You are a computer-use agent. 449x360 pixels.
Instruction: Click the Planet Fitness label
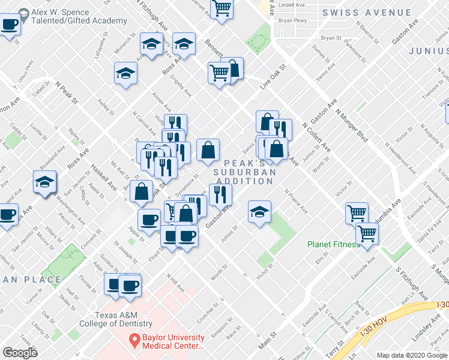click(x=333, y=244)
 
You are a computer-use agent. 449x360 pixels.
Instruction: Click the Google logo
click(x=20, y=353)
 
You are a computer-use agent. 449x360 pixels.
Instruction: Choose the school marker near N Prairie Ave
click(x=259, y=211)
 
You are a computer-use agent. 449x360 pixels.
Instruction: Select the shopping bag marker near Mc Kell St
click(x=142, y=191)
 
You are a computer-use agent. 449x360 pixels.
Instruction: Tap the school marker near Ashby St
click(x=126, y=74)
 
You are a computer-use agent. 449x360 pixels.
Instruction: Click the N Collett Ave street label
click(x=316, y=139)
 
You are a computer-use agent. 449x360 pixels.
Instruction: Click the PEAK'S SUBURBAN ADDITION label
click(x=245, y=172)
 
